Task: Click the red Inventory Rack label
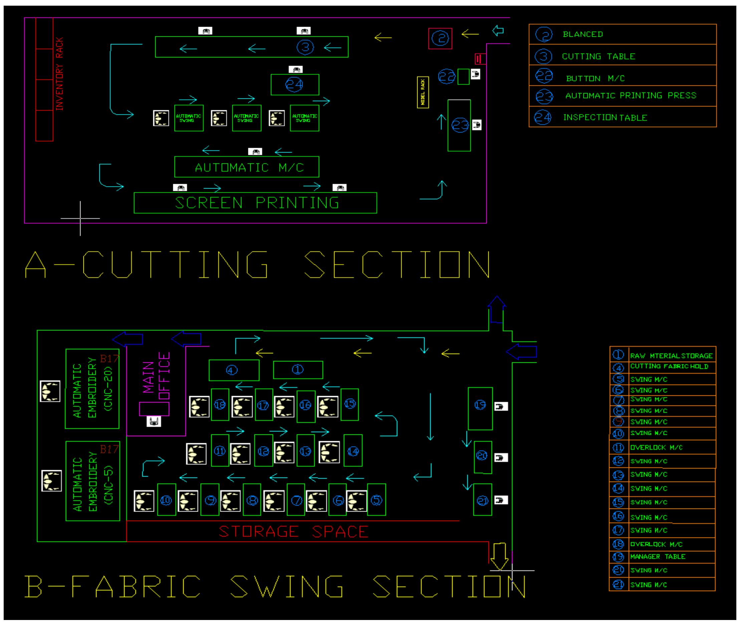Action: pyautogui.click(x=59, y=74)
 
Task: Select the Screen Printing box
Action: pyautogui.click(x=255, y=203)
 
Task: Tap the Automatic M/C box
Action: pyautogui.click(x=247, y=167)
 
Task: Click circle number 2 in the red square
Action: pyautogui.click(x=440, y=38)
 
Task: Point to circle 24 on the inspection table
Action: pyautogui.click(x=294, y=84)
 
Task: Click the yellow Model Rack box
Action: pyautogui.click(x=423, y=92)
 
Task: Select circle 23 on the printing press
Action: pyautogui.click(x=460, y=125)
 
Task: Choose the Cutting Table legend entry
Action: pyautogui.click(x=598, y=56)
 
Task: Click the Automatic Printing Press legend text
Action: pyautogui.click(x=631, y=95)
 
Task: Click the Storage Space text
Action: pyautogui.click(x=293, y=531)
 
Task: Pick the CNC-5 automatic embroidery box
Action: pyautogui.click(x=92, y=481)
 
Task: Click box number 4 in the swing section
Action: pyautogui.click(x=234, y=370)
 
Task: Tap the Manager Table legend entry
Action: pyautogui.click(x=658, y=556)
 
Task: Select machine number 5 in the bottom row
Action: pyautogui.click(x=377, y=500)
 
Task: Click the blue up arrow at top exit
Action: pyautogui.click(x=497, y=310)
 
